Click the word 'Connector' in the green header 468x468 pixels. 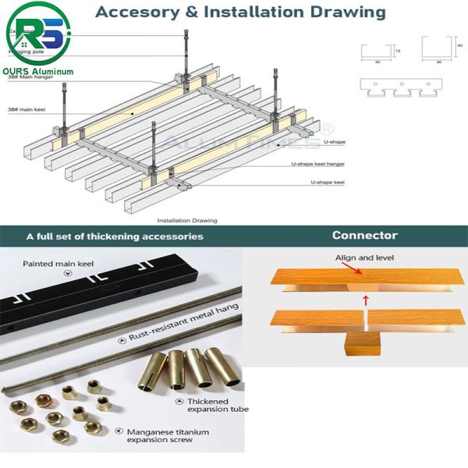point(364,235)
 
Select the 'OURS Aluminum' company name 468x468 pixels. point(39,71)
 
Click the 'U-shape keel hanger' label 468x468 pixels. point(317,164)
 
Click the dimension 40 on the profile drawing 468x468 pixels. point(462,45)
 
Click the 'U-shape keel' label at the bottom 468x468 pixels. point(328,182)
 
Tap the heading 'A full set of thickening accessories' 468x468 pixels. point(115,236)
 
